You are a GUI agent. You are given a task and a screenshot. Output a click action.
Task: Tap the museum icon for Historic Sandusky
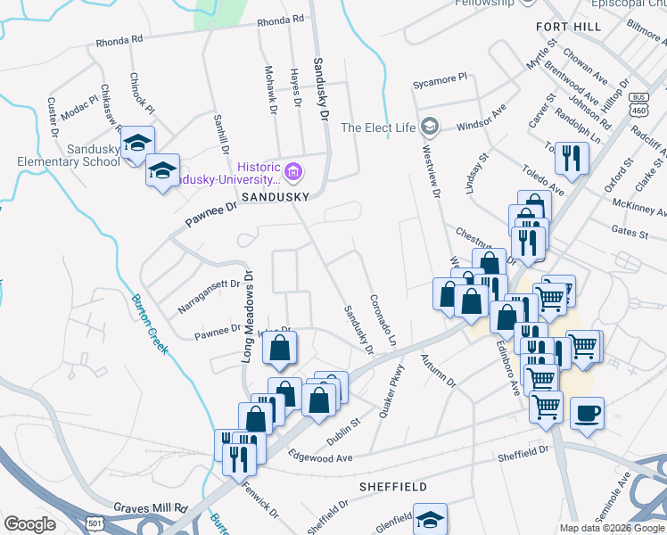coord(293,169)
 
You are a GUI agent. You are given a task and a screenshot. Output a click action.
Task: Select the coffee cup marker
coord(587,413)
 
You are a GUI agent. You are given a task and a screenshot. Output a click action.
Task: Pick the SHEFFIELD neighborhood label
coord(392,487)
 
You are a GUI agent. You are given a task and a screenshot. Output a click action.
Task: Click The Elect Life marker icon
coord(431,127)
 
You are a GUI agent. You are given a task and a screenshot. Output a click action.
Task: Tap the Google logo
coord(29,524)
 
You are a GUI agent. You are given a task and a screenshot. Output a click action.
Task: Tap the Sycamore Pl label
coord(440,80)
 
